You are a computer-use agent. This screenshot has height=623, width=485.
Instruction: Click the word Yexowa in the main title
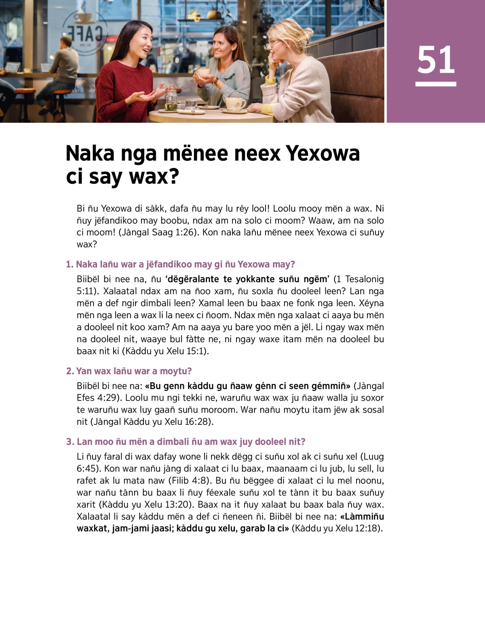pos(323,153)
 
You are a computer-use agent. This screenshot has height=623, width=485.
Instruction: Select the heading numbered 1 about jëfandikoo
pos(180,264)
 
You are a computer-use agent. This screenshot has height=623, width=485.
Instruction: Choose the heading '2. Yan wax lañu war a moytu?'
pos(129,371)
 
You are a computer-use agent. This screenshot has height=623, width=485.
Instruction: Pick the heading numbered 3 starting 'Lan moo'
pos(186,442)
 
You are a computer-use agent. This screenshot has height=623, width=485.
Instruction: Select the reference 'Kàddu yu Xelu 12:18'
pos(337,529)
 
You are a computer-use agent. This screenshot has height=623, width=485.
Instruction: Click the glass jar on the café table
pos(171,100)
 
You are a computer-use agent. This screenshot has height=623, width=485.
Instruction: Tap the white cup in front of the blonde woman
pos(234,103)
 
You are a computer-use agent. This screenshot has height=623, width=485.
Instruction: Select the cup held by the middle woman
pos(203,72)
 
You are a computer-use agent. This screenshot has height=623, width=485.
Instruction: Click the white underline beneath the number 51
pos(436,84)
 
